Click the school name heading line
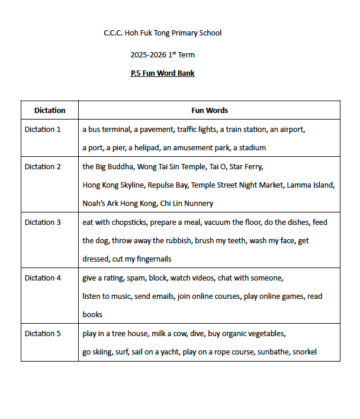[162, 33]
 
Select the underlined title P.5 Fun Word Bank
[162, 73]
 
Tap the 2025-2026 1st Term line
[162, 55]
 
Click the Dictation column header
[50, 111]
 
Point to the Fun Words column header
[209, 111]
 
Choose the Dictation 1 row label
[43, 129]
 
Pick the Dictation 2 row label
[43, 166]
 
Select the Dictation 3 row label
[43, 222]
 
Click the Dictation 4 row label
[43, 278]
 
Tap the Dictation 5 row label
[43, 333]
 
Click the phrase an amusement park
[196, 147]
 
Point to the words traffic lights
[197, 129]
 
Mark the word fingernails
[152, 259]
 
